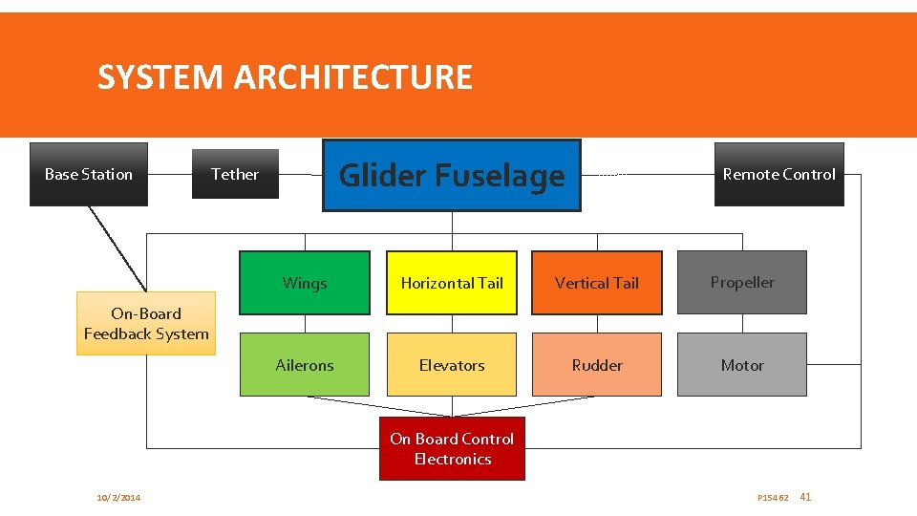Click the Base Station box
pyautogui.click(x=89, y=174)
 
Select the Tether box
pyautogui.click(x=235, y=174)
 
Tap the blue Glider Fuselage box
pyautogui.click(x=452, y=175)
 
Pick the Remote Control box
pyautogui.click(x=778, y=174)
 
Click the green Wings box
pyautogui.click(x=305, y=283)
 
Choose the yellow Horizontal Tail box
pyautogui.click(x=452, y=283)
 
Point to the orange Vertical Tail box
pyautogui.click(x=597, y=283)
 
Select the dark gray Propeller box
pyautogui.click(x=742, y=282)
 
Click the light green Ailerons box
pyautogui.click(x=305, y=365)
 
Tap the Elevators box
pyautogui.click(x=452, y=365)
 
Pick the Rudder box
pyautogui.click(x=597, y=365)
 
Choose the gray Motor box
pyautogui.click(x=742, y=365)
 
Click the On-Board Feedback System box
pyautogui.click(x=146, y=324)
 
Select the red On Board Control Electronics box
pyautogui.click(x=452, y=448)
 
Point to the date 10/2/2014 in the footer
pyautogui.click(x=118, y=498)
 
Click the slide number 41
pyautogui.click(x=805, y=497)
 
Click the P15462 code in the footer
pyautogui.click(x=773, y=498)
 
